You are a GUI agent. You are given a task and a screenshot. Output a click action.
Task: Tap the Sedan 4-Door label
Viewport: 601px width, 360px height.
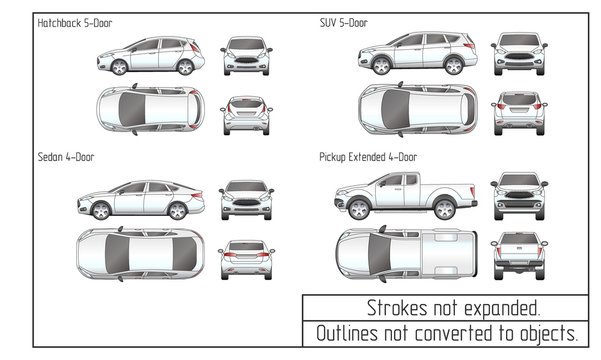click(x=66, y=156)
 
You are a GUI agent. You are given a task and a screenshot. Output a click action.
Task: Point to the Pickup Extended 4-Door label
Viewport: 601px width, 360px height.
click(x=368, y=157)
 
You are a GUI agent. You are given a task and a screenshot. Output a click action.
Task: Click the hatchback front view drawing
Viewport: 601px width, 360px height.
click(x=246, y=55)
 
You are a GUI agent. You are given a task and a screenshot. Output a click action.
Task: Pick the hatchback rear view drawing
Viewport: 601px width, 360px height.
click(x=246, y=114)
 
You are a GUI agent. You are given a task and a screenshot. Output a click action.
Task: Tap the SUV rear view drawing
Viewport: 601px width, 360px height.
click(x=519, y=112)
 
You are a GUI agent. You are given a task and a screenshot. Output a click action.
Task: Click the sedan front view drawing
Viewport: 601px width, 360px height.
click(x=246, y=200)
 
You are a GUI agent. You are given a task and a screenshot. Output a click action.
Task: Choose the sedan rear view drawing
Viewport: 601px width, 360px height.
click(x=246, y=258)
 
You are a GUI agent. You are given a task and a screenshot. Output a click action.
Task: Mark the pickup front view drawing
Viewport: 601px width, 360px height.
click(x=519, y=196)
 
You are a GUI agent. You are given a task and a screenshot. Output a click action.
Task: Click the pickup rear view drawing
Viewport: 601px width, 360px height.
click(x=519, y=254)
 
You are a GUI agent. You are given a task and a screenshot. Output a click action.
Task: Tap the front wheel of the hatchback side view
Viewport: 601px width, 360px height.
click(x=119, y=67)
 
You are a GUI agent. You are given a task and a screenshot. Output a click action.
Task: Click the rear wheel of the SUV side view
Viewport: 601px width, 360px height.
click(x=454, y=66)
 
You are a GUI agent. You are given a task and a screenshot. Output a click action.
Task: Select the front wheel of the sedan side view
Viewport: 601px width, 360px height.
click(x=99, y=211)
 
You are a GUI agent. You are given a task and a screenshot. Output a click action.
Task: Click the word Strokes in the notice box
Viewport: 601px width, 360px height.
click(x=393, y=307)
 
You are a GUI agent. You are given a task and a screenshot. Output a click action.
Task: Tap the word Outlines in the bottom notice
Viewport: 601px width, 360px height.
click(x=349, y=333)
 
